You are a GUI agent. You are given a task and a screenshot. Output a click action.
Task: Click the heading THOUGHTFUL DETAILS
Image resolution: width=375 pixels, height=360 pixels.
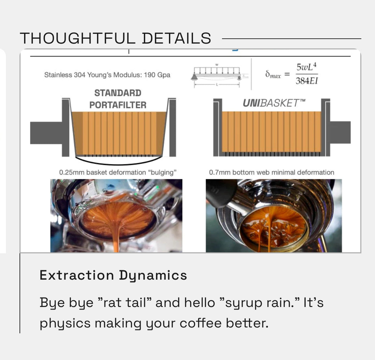tap(116, 38)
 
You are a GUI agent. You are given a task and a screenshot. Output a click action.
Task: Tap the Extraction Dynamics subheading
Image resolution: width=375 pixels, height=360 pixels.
tap(113, 275)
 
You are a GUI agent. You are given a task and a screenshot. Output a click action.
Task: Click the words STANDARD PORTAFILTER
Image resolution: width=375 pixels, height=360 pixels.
tap(118, 99)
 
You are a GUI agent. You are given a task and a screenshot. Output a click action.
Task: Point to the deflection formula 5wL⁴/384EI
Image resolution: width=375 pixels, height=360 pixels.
tap(306, 74)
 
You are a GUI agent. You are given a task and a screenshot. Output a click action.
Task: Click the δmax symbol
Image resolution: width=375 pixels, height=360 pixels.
tap(272, 74)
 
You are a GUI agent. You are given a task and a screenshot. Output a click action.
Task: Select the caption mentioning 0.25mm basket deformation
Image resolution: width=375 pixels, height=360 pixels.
tap(118, 172)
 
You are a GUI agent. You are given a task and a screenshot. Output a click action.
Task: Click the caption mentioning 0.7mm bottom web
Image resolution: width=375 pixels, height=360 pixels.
tap(271, 172)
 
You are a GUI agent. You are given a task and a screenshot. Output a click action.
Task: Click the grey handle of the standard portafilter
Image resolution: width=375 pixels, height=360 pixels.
tap(46, 132)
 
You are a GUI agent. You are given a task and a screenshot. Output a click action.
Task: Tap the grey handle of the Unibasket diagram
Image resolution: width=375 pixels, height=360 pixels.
tap(340, 132)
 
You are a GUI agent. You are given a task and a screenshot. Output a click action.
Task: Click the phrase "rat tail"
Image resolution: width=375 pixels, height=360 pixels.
tap(125, 303)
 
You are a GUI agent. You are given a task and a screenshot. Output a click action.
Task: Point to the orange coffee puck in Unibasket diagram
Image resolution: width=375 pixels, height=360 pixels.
tap(271, 132)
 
